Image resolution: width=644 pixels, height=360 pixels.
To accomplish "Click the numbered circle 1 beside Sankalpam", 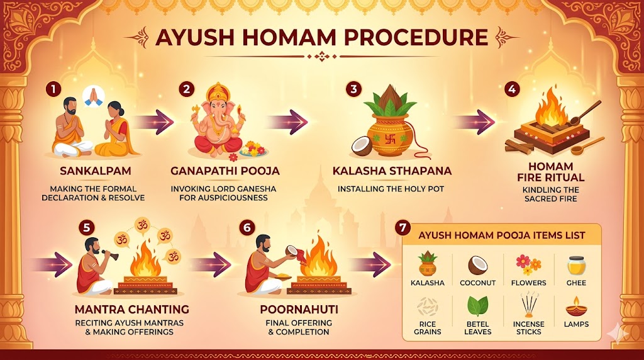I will pyautogui.click(x=53, y=89).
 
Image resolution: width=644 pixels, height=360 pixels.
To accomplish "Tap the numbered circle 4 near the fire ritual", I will pyautogui.click(x=512, y=89).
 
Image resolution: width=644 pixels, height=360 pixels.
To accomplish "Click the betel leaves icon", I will pyautogui.click(x=477, y=307).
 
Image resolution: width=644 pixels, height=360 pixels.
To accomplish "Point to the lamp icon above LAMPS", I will pyautogui.click(x=577, y=307).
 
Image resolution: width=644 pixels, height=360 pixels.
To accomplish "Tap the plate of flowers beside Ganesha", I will pyautogui.click(x=254, y=149).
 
